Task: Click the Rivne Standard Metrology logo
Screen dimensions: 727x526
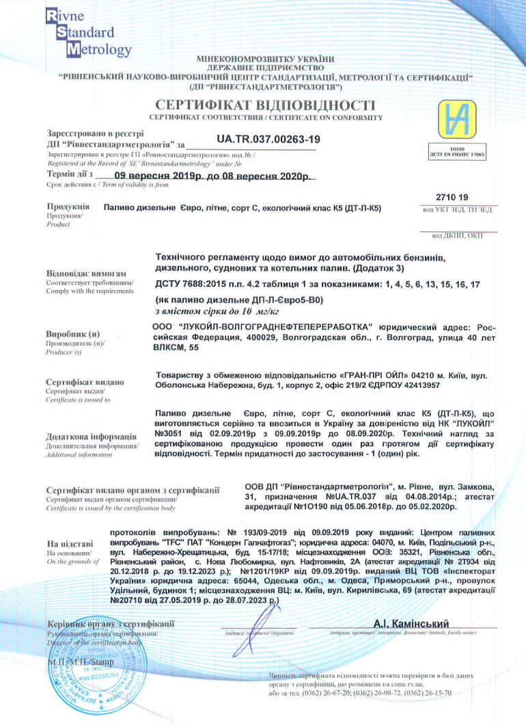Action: click(87, 32)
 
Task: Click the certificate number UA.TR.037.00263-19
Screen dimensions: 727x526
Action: click(268, 139)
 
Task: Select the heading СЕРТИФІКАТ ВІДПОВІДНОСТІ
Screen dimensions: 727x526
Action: click(265, 105)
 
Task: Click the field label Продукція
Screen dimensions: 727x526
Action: click(68, 206)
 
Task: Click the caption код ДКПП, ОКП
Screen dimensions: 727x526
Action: click(457, 235)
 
